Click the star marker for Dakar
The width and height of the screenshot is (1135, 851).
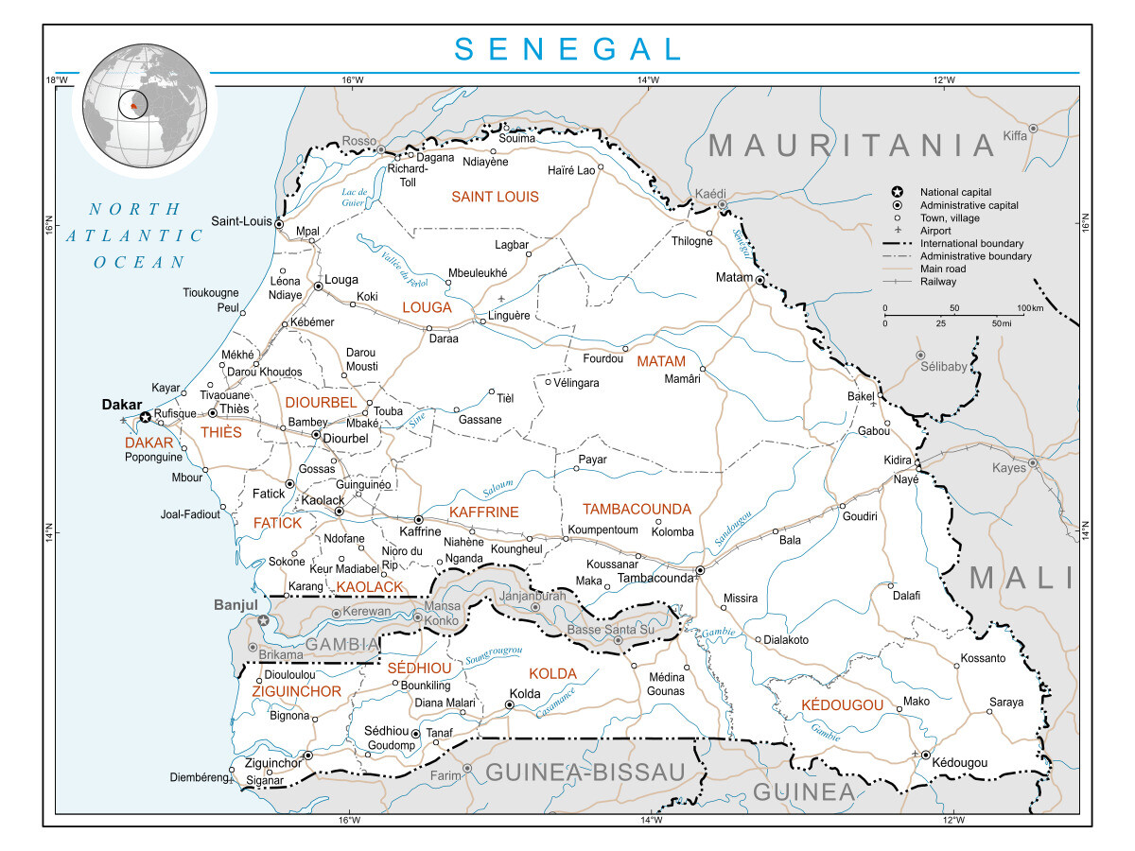pyautogui.click(x=145, y=416)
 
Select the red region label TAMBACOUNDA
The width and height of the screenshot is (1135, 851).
pyautogui.click(x=637, y=510)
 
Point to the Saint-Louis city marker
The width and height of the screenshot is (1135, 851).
pyautogui.click(x=279, y=224)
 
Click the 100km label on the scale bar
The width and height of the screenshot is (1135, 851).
pyautogui.click(x=1029, y=309)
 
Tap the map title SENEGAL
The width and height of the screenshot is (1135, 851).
pyautogui.click(x=567, y=49)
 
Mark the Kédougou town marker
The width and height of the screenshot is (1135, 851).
pyautogui.click(x=925, y=754)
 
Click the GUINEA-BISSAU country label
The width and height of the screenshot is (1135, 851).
pyautogui.click(x=585, y=773)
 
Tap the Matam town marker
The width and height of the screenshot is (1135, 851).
pyautogui.click(x=760, y=280)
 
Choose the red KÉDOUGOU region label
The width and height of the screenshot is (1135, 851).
pyautogui.click(x=842, y=705)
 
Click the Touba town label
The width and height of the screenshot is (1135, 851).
pyautogui.click(x=388, y=411)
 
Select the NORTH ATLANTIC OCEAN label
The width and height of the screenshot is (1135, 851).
pyautogui.click(x=140, y=235)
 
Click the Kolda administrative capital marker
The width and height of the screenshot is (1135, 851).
pyautogui.click(x=509, y=704)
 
